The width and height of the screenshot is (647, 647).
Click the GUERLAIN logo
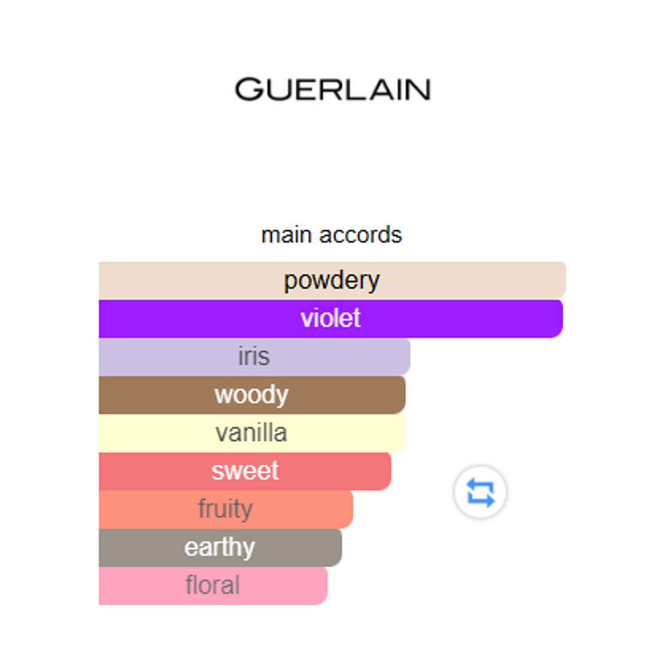pos(333,89)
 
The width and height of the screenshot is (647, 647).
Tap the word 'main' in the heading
pos(287,235)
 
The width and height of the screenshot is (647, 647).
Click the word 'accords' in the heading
pos(360,235)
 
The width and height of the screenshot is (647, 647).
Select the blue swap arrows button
pos(480,492)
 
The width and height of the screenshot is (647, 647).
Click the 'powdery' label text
pos(332,281)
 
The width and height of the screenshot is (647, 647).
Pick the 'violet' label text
pos(330,318)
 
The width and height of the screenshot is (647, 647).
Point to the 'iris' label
pos(254,357)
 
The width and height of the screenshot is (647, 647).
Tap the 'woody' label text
pos(251,395)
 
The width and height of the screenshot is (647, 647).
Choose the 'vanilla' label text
pos(251,433)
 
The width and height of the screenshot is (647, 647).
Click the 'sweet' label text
pos(245,471)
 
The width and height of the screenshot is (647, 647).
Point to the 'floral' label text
pos(212,585)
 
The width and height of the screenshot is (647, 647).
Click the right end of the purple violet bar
pos(562,318)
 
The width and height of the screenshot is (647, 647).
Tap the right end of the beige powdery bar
pos(565,280)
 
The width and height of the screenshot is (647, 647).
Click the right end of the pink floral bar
pos(327,586)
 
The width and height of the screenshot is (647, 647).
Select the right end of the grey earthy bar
pos(341,547)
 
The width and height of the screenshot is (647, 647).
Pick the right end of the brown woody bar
pos(405,395)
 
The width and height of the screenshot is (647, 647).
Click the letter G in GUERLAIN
pos(249,89)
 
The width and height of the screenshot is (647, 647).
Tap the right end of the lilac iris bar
pos(410,357)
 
